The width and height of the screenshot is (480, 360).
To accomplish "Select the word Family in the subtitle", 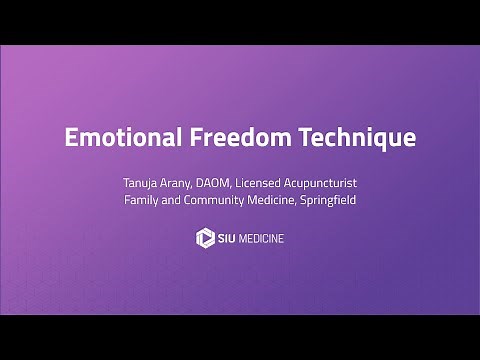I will (x=143, y=200).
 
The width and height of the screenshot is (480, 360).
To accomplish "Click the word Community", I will (x=225, y=200).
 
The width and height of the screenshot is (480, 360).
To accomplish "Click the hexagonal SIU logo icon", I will (x=206, y=238).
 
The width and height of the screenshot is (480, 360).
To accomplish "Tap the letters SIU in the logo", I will (x=228, y=238).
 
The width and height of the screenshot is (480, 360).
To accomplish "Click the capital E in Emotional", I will (x=71, y=137).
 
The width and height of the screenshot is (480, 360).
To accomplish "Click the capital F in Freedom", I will (x=188, y=137).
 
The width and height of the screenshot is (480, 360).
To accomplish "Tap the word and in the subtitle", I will (x=178, y=200).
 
